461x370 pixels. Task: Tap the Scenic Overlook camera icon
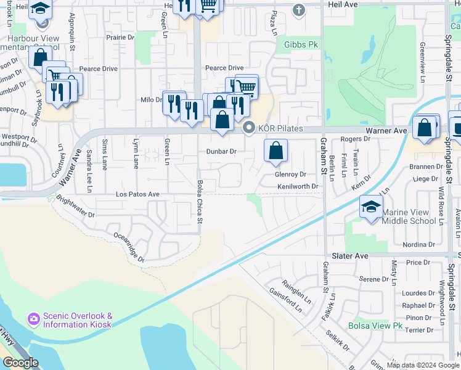(x=33, y=319)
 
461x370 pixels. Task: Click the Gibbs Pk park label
(x=301, y=44)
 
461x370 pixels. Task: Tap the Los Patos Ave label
(x=138, y=194)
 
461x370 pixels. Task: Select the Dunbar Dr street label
(x=221, y=151)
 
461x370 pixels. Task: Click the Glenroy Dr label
(x=290, y=175)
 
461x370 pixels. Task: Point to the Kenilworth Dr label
(x=298, y=186)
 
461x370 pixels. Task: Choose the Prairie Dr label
(x=120, y=37)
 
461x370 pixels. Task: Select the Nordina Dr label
(x=419, y=245)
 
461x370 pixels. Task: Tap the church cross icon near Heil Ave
(x=299, y=10)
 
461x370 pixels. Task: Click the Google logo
(x=20, y=363)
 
